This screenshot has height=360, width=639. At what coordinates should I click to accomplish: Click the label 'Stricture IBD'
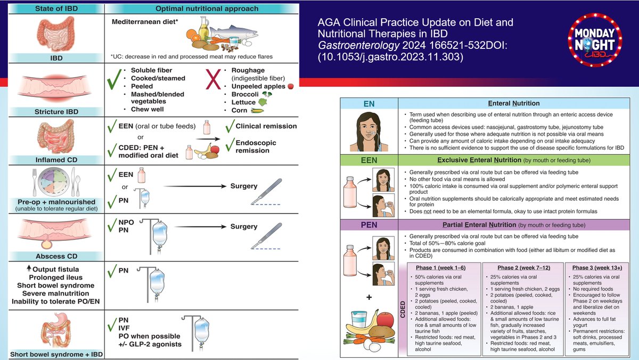(x=52, y=111)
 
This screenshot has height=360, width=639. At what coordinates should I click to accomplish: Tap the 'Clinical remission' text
(x=266, y=126)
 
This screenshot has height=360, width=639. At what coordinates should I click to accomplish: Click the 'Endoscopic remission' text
(x=260, y=146)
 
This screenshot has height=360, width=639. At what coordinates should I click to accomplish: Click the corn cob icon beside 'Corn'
(x=257, y=110)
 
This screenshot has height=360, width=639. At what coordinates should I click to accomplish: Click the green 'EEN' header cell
(x=369, y=160)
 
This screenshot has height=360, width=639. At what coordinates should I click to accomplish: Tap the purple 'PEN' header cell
(x=369, y=225)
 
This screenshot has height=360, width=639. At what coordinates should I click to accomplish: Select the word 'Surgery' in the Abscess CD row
(x=244, y=226)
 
